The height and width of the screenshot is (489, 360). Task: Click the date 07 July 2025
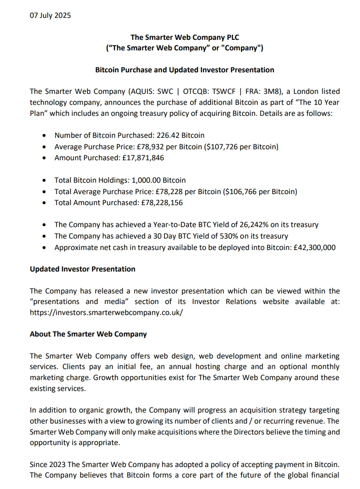(50, 16)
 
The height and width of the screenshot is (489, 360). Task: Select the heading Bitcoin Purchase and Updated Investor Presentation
(185, 70)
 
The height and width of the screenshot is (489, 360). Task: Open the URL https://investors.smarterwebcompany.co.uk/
(106, 312)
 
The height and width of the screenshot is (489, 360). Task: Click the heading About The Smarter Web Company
(88, 334)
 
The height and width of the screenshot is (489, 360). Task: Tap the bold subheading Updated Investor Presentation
(82, 269)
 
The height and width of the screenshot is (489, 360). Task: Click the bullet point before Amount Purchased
(44, 158)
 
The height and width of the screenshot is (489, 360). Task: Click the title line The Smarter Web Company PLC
(185, 38)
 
